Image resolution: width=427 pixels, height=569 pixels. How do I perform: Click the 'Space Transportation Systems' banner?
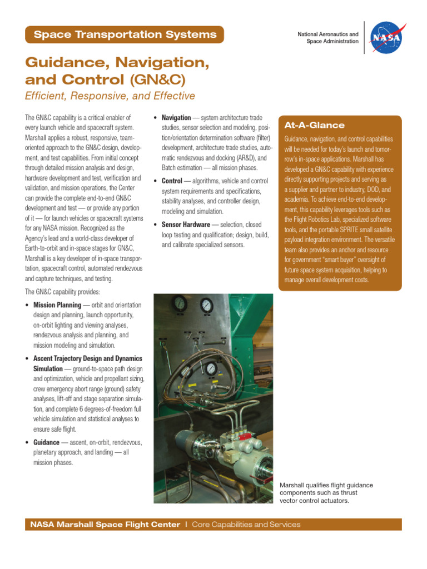click(x=125, y=34)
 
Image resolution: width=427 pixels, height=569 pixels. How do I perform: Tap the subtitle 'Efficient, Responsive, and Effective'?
click(x=110, y=96)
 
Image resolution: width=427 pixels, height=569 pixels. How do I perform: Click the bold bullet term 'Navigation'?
click(x=176, y=118)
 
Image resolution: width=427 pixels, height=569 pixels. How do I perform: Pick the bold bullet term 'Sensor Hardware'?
click(x=186, y=224)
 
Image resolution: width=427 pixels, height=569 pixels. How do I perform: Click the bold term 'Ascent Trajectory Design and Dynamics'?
click(x=88, y=358)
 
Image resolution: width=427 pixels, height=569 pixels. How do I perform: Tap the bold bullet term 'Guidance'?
click(x=46, y=442)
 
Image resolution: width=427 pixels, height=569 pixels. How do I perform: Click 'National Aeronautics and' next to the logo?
click(x=327, y=34)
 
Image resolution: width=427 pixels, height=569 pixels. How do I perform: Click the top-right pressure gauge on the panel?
click(x=207, y=305)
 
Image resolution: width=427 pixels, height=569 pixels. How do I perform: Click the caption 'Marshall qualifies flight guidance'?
click(x=326, y=485)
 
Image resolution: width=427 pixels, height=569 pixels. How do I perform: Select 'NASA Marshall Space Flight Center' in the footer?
click(x=105, y=525)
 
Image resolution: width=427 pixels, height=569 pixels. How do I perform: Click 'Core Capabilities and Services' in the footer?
click(x=246, y=525)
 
